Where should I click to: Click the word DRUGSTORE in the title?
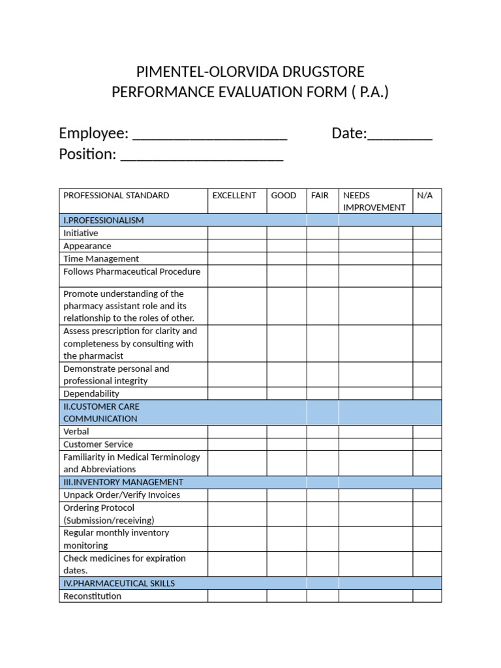point(319,71)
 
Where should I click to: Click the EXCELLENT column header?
point(234,195)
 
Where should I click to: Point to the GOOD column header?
point(284,195)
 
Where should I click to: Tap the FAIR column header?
point(320,195)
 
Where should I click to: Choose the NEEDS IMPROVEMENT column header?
point(374,201)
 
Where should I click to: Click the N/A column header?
point(425,195)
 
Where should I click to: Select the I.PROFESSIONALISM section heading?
point(103,220)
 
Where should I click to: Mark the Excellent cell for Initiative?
point(237,233)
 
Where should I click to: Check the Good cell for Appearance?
point(286,246)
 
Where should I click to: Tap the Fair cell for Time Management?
point(323,258)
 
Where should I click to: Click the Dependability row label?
point(91,393)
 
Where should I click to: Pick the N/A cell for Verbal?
point(427,431)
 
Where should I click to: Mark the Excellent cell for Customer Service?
point(237,444)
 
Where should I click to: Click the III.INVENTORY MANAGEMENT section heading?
point(123,482)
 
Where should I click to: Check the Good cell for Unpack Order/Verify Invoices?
point(286,494)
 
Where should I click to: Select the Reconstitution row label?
point(92,596)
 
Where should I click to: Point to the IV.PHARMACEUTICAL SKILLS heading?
point(119,583)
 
